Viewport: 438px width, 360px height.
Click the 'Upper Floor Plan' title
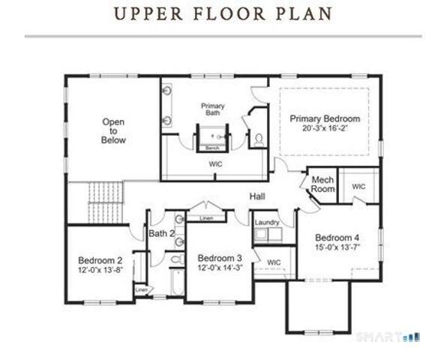pyautogui.click(x=219, y=13)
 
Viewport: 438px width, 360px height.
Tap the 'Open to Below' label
pyautogui.click(x=114, y=131)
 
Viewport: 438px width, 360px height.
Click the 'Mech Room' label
pyautogui.click(x=322, y=184)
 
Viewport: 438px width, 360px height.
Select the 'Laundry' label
pyautogui.click(x=267, y=223)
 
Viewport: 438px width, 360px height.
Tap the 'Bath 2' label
pyautogui.click(x=161, y=234)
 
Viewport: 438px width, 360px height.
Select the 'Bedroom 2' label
pyautogui.click(x=100, y=259)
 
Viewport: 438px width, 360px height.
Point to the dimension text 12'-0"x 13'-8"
pyautogui.click(x=100, y=269)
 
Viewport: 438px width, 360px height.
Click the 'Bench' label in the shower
pyautogui.click(x=212, y=148)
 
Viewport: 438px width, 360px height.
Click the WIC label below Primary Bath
pyautogui.click(x=215, y=163)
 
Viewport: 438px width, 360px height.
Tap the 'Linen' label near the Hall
pyautogui.click(x=206, y=218)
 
